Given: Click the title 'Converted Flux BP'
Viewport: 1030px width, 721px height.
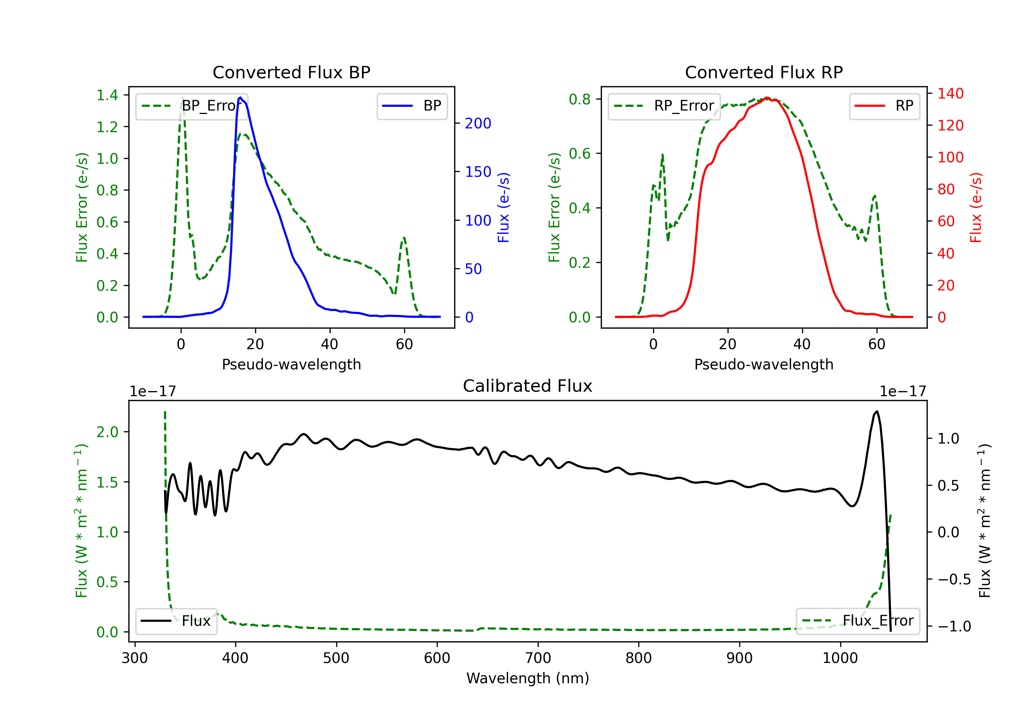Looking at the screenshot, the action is [x=291, y=72].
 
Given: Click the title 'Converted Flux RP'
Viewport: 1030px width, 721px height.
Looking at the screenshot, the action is [x=764, y=72].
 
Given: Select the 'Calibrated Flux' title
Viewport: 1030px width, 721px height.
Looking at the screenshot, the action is [x=528, y=386].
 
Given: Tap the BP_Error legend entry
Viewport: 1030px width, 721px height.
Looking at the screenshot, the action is [x=192, y=106].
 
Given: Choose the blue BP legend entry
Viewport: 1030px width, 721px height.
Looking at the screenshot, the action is [x=412, y=106].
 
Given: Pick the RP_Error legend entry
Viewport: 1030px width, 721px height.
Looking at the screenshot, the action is [x=664, y=106].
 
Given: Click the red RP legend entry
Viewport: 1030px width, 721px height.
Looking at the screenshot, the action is [x=884, y=106].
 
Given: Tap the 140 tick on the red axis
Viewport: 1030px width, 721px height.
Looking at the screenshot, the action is [x=950, y=93].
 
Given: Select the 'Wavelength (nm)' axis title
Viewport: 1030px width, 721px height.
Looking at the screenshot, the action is [x=528, y=678].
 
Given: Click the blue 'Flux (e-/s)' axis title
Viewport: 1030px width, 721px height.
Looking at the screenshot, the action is [x=503, y=207].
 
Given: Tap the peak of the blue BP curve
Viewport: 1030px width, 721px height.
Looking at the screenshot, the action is [x=240, y=98].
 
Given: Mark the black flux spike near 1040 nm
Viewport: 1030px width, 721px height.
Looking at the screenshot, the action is [x=877, y=411].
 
